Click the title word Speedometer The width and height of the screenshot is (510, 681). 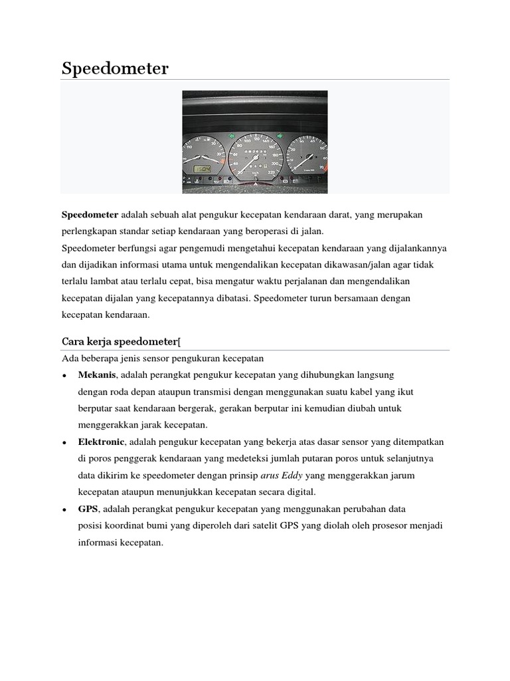pyautogui.click(x=115, y=68)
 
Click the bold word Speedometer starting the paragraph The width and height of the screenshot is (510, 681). pyautogui.click(x=90, y=215)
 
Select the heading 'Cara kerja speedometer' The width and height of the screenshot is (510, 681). pyautogui.click(x=120, y=342)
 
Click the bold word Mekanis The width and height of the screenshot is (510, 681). pyautogui.click(x=97, y=375)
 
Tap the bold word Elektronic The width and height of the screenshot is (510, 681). pyautogui.click(x=101, y=442)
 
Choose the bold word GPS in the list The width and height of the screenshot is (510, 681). pyautogui.click(x=88, y=509)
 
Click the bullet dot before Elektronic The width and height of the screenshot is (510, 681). pyautogui.click(x=64, y=442)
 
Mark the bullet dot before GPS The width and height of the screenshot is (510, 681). pyautogui.click(x=64, y=509)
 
